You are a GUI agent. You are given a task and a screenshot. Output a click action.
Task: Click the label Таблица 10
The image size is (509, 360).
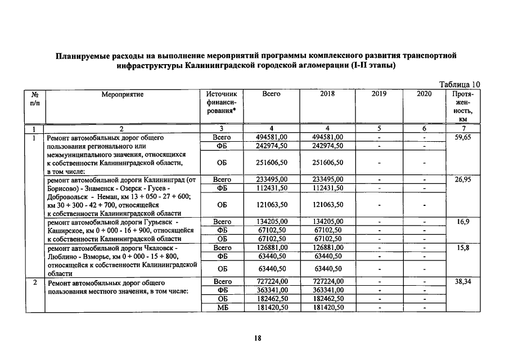click(460, 84)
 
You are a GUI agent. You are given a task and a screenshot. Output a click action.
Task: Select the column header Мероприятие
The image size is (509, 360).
click(123, 94)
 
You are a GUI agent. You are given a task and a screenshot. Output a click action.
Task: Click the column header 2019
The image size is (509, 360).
click(379, 94)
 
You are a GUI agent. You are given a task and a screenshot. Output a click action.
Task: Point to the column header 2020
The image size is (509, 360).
click(424, 94)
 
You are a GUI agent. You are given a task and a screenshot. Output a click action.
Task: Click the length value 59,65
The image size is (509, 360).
click(463, 137)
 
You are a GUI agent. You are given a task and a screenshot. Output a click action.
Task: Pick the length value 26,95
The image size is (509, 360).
click(463, 179)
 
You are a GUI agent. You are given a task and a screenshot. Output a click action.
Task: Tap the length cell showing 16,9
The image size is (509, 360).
click(463, 222)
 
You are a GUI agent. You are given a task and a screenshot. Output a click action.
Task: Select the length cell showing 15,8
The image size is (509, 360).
click(463, 247)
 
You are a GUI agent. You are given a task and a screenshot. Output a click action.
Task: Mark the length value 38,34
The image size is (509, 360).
click(463, 281)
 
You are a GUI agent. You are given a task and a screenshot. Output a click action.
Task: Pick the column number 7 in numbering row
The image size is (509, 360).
click(463, 129)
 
